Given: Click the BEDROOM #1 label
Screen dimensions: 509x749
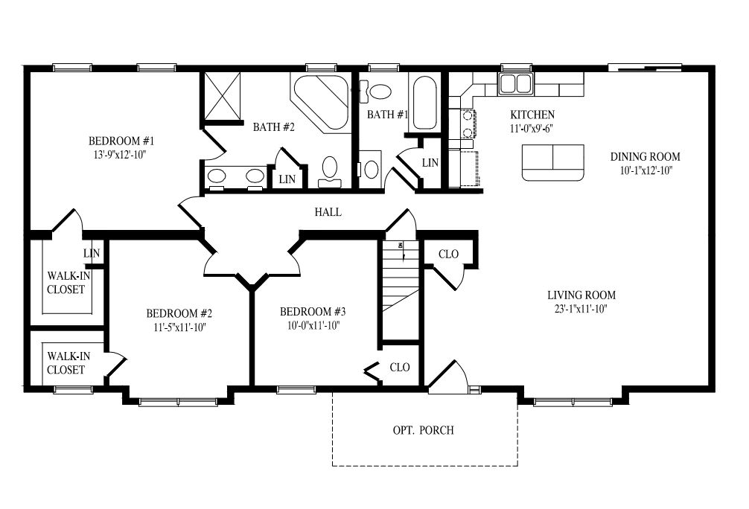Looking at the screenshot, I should tap(121, 141).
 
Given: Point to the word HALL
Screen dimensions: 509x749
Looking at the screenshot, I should tap(328, 212).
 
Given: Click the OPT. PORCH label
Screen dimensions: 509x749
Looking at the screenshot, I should tap(423, 430).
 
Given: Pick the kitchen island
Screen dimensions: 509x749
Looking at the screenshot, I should tap(553, 162).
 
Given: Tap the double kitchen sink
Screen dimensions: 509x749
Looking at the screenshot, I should tap(515, 83).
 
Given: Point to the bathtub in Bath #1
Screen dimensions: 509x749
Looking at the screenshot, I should tap(424, 103).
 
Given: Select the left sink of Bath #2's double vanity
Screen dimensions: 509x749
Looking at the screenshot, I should tap(217, 177).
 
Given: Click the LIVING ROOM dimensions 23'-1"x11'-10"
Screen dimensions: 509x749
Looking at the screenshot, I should tap(581, 310).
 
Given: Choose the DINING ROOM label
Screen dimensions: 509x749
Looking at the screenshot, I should tap(646, 157).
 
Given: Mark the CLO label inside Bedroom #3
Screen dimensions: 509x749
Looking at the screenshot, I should tap(400, 368).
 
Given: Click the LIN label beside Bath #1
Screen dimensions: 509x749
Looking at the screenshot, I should tap(430, 163).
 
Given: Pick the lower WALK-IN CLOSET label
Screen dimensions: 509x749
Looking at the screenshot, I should tap(66, 363).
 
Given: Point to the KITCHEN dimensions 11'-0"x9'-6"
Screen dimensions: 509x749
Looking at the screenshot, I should tap(532, 128).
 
